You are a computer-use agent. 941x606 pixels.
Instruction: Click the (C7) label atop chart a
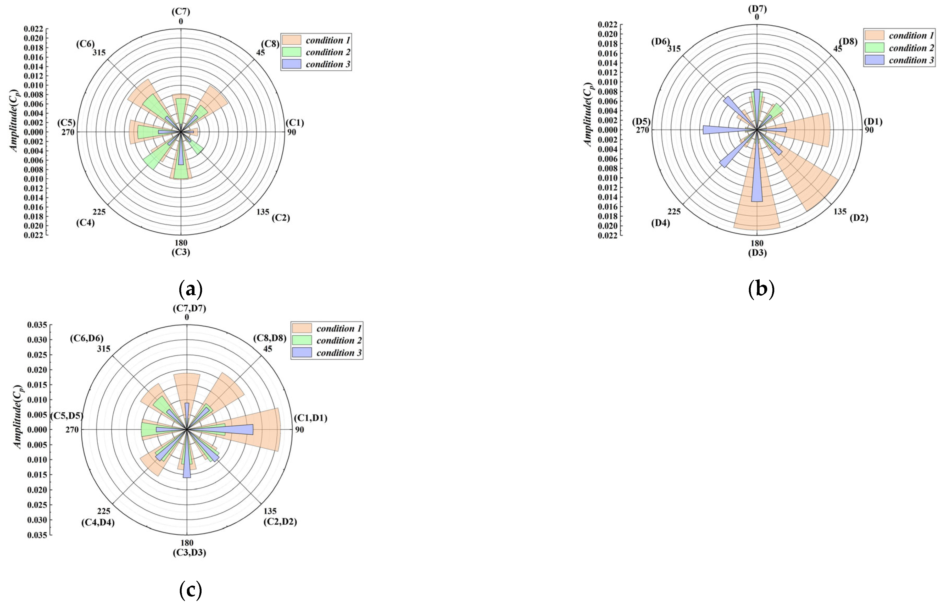coord(181,12)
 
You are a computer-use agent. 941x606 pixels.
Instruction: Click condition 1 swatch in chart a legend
coord(292,40)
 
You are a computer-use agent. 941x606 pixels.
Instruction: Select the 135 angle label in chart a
coord(263,212)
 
